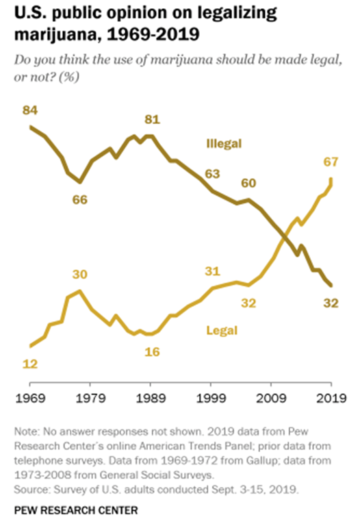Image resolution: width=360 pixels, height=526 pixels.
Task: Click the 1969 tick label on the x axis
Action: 29,397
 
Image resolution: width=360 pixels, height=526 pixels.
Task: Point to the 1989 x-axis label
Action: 150,397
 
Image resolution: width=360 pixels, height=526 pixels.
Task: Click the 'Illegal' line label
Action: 225,143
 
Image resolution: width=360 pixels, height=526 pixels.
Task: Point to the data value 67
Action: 331,161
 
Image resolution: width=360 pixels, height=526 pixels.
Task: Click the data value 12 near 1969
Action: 29,364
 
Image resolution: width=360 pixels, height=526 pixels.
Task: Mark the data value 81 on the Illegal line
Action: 151,120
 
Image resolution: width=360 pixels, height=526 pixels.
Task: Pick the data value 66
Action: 81,199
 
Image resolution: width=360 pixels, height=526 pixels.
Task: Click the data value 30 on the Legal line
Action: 81,275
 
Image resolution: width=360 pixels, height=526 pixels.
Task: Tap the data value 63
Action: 212,173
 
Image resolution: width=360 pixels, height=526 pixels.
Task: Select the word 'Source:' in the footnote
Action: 32,489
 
